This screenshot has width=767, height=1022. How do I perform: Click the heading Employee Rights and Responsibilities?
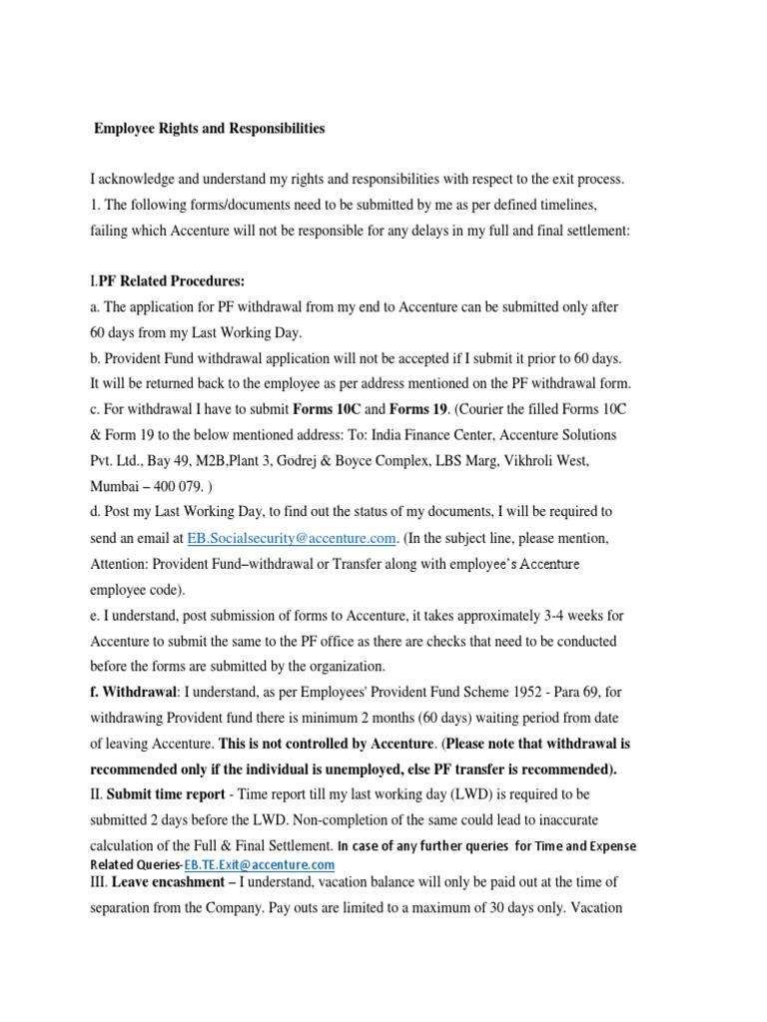209,129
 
